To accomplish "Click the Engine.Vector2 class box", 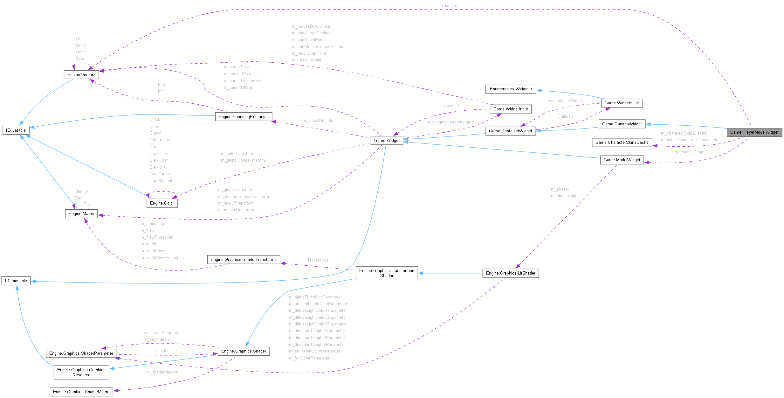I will point(81,74).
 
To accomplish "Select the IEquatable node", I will point(16,130).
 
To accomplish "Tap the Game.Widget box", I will point(387,140).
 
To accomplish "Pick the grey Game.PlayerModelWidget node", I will point(754,132).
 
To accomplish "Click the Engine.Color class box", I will point(162,203).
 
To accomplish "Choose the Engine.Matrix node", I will point(81,213).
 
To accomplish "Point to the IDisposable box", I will point(16,281).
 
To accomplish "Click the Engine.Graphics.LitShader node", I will point(510,273).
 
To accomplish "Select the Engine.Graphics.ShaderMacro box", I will point(81,392).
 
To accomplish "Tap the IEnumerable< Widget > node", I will point(510,89).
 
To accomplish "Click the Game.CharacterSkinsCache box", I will point(622,142).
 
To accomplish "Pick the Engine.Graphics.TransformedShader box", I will point(387,273).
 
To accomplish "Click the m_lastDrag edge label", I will point(450,6).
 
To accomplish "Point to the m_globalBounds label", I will point(318,121).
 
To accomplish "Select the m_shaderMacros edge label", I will point(162,372).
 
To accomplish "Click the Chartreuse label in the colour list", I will point(160,140).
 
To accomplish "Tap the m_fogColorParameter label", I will point(309,358).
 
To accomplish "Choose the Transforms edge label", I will point(318,260).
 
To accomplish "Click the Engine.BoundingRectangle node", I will point(244,116).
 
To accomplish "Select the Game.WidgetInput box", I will point(510,109).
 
